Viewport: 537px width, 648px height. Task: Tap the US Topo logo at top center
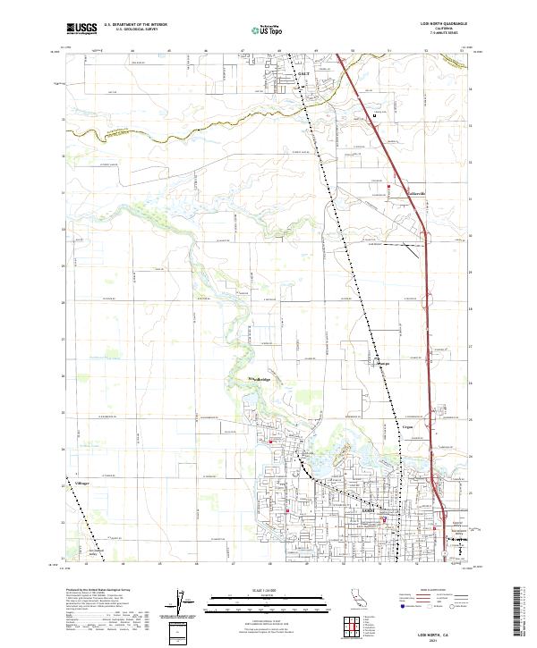tap(260, 29)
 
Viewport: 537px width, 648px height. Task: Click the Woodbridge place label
tap(257, 380)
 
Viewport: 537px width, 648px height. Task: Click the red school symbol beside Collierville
tap(389, 186)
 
